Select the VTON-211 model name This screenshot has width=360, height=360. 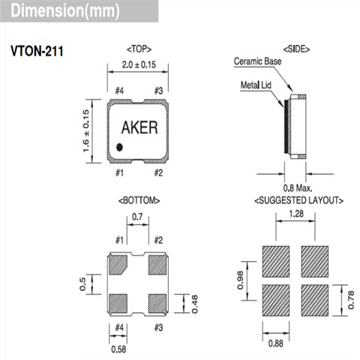pos(36,54)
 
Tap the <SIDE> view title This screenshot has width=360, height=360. pos(298,49)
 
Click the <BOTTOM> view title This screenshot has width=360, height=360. pos(139,200)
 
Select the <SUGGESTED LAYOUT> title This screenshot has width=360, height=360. pos(298,200)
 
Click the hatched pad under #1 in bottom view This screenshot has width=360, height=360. pos(119,264)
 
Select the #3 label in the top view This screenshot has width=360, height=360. pos(158,91)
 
